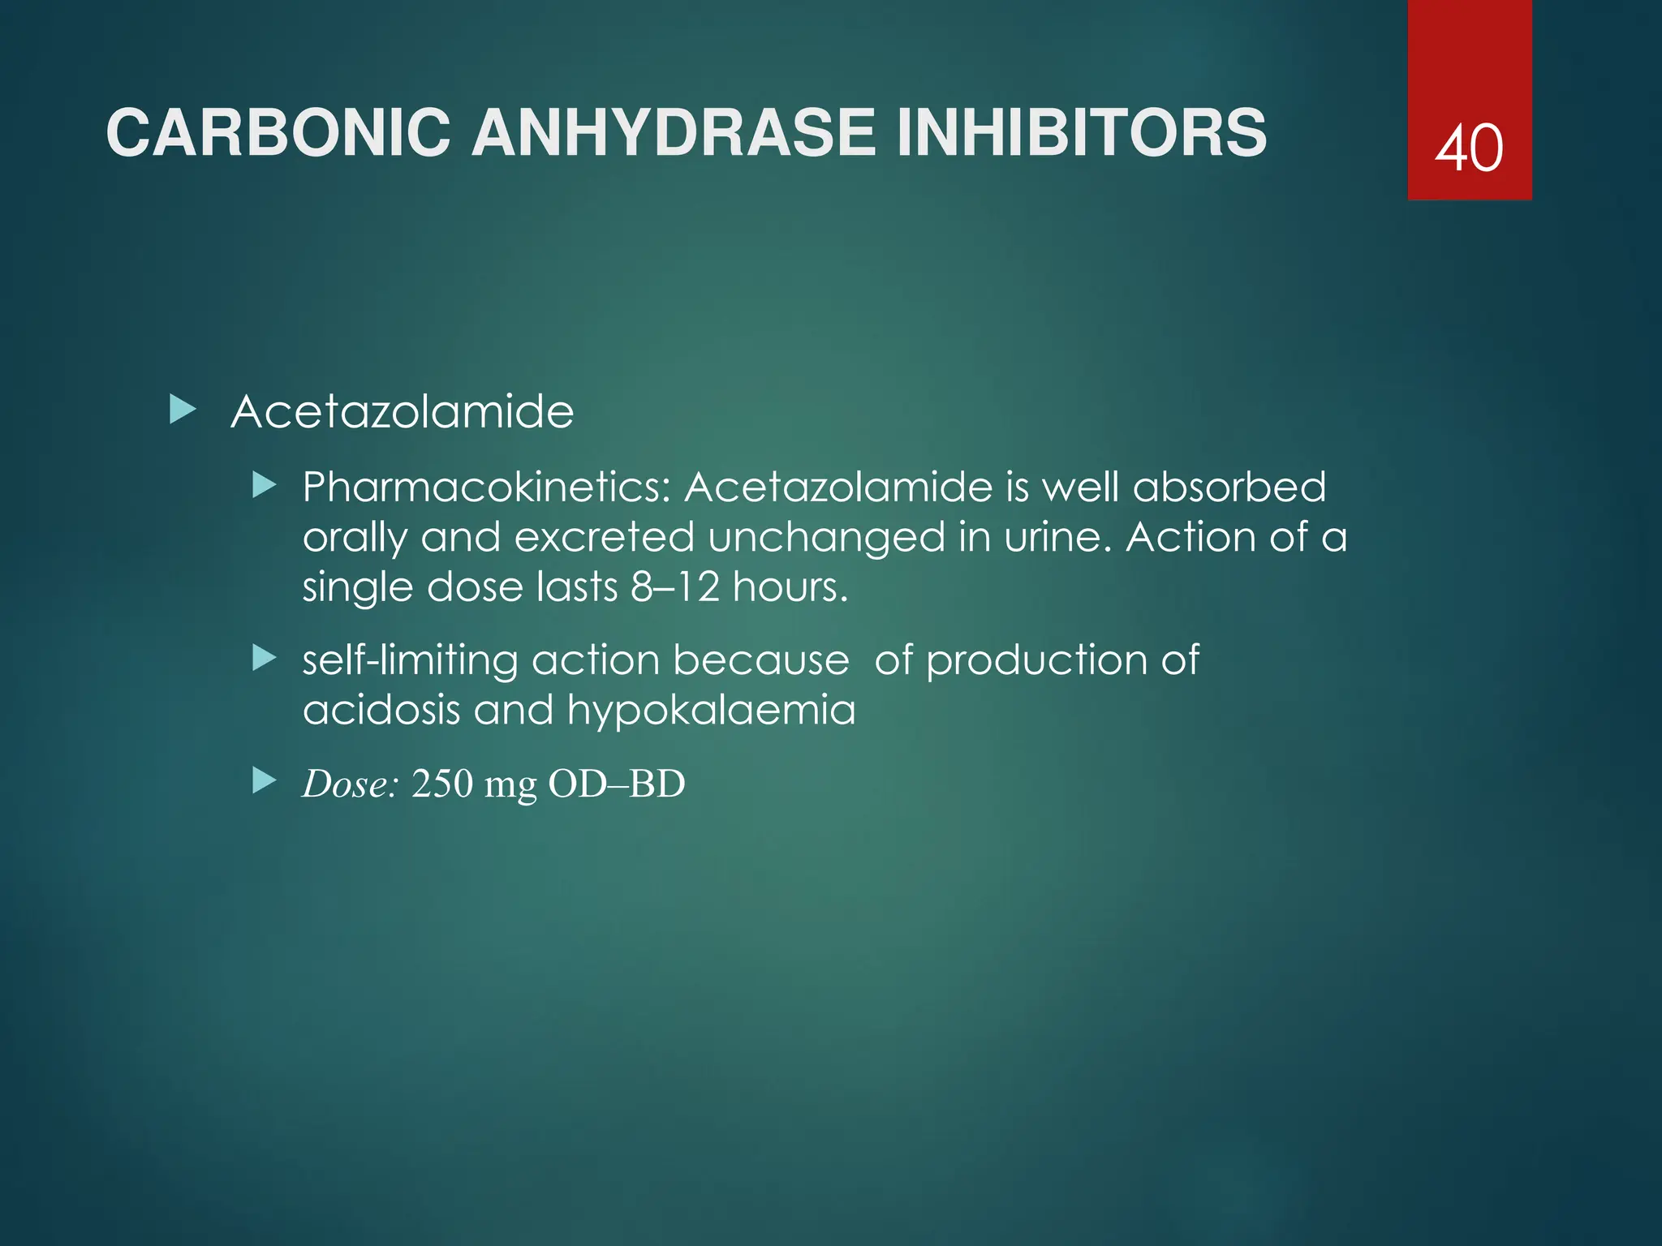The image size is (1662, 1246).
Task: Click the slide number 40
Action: (x=1469, y=148)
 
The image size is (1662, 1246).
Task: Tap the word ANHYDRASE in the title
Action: (x=674, y=133)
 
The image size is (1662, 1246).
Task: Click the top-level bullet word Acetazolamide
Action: (x=403, y=412)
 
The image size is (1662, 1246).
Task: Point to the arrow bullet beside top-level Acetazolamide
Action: (x=183, y=410)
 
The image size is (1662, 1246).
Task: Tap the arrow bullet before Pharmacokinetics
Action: (x=265, y=487)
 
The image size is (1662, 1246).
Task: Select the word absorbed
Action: (x=1229, y=488)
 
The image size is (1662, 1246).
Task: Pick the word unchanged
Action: (x=826, y=537)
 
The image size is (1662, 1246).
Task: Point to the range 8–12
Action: (x=675, y=586)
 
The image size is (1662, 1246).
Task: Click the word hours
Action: (x=790, y=586)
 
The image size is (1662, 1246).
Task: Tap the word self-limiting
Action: (x=410, y=660)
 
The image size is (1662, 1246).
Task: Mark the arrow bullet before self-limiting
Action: (x=265, y=658)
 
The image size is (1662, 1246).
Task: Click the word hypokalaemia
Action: (x=711, y=711)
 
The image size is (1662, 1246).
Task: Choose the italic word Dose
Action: (x=350, y=784)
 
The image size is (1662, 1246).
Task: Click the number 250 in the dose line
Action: (x=442, y=784)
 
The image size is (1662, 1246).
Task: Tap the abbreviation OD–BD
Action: (x=617, y=784)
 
